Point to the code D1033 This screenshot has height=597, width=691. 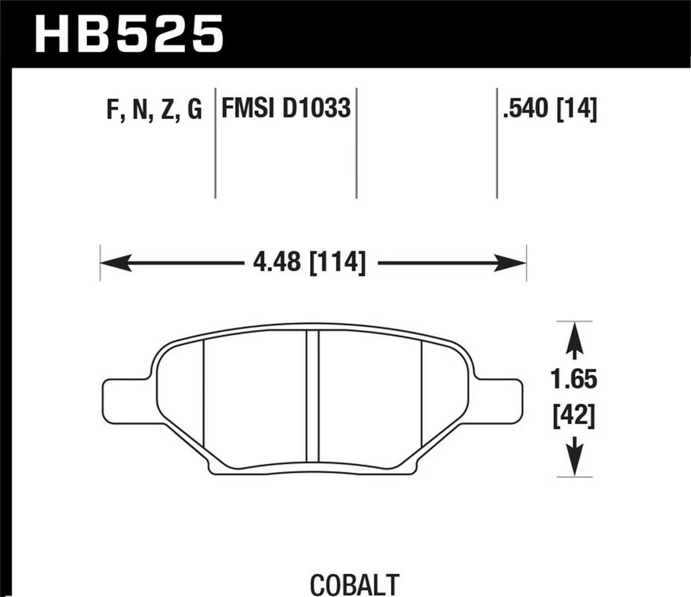pos(317,109)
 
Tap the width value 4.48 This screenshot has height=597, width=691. pos(276,262)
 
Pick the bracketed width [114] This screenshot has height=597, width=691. pos(337,262)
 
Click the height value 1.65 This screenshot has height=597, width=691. pos(574,378)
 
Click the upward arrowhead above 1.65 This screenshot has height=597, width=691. pos(574,338)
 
